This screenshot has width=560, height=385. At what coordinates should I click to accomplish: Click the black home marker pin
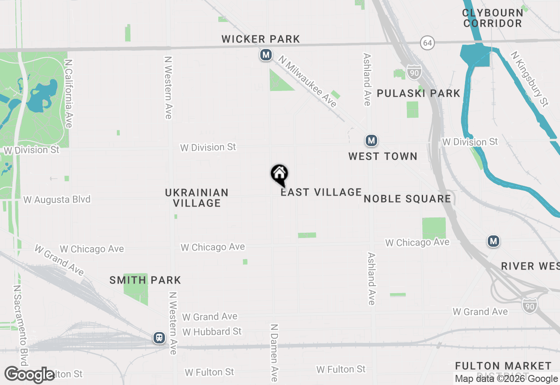point(279,174)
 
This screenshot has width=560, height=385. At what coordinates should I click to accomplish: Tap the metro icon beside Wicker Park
point(266,55)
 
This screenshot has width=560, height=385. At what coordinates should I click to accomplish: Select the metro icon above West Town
point(371,140)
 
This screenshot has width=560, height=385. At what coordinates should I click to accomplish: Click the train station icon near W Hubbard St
point(159,338)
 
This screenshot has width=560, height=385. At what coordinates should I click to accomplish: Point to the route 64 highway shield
point(427,43)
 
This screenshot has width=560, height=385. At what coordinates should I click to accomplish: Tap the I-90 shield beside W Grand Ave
point(529,304)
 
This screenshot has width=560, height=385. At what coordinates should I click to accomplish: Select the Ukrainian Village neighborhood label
point(197,198)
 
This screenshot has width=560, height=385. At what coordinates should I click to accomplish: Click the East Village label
point(321,192)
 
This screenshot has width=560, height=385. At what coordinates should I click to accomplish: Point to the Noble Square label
point(407,199)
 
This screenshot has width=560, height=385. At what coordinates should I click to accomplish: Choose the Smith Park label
point(145,280)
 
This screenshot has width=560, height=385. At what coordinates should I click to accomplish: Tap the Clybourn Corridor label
point(493,18)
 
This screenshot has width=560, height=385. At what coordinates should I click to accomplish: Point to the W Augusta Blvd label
point(57,199)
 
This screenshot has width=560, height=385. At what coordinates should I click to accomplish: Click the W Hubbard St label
point(212,332)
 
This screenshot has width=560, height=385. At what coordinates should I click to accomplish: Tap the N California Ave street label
point(68,94)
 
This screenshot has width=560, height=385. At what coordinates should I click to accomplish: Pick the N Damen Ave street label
point(274,353)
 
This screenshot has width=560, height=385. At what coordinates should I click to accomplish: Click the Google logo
point(30,374)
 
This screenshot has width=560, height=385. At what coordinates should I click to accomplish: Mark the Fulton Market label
point(503,366)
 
